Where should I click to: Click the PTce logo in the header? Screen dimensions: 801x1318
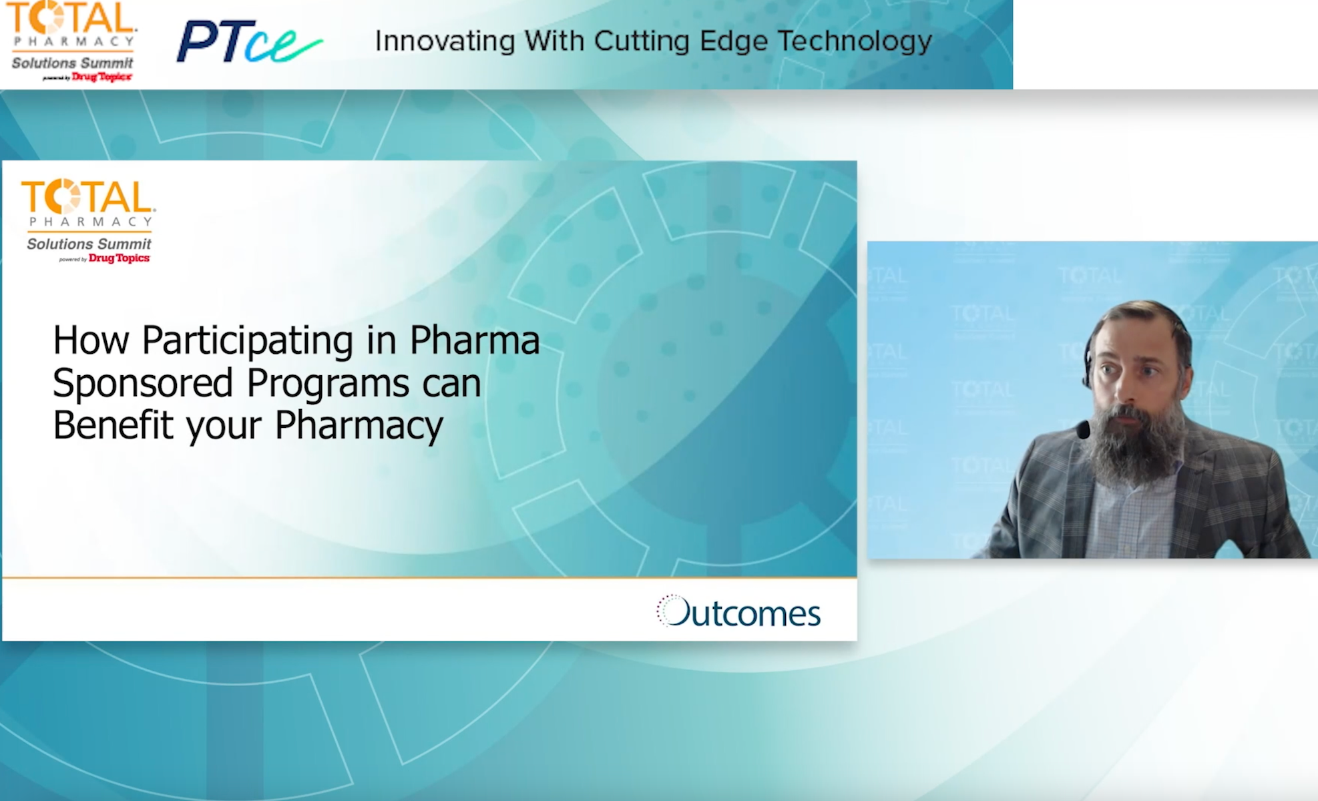tap(248, 41)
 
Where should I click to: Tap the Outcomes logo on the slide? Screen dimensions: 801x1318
tap(738, 611)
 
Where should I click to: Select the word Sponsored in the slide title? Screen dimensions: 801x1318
tap(142, 383)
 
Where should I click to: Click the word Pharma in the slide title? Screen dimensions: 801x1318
tap(474, 340)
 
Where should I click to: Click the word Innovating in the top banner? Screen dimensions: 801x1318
tap(445, 41)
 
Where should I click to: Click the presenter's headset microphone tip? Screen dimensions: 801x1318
tap(1083, 430)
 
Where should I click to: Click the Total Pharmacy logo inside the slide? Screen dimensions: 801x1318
tap(89, 221)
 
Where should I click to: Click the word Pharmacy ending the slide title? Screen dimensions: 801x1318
tap(359, 426)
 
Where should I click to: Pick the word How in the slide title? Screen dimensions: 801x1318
tap(91, 340)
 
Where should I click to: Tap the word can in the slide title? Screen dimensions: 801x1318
tap(451, 384)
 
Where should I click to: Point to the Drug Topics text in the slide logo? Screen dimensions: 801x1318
tap(119, 258)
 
